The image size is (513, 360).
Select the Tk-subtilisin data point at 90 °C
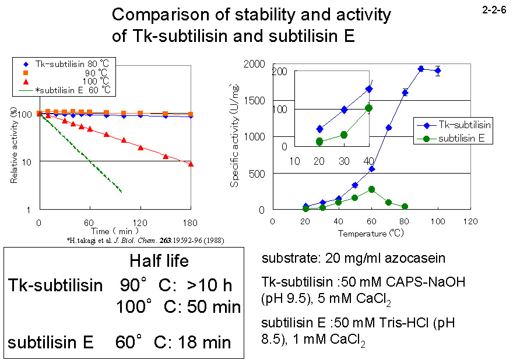[x=421, y=69]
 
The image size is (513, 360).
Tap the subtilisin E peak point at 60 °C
[x=371, y=189]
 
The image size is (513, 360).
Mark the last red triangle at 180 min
[x=191, y=164]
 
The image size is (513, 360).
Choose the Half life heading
[x=159, y=261]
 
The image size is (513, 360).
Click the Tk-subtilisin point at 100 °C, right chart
[x=438, y=71]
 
